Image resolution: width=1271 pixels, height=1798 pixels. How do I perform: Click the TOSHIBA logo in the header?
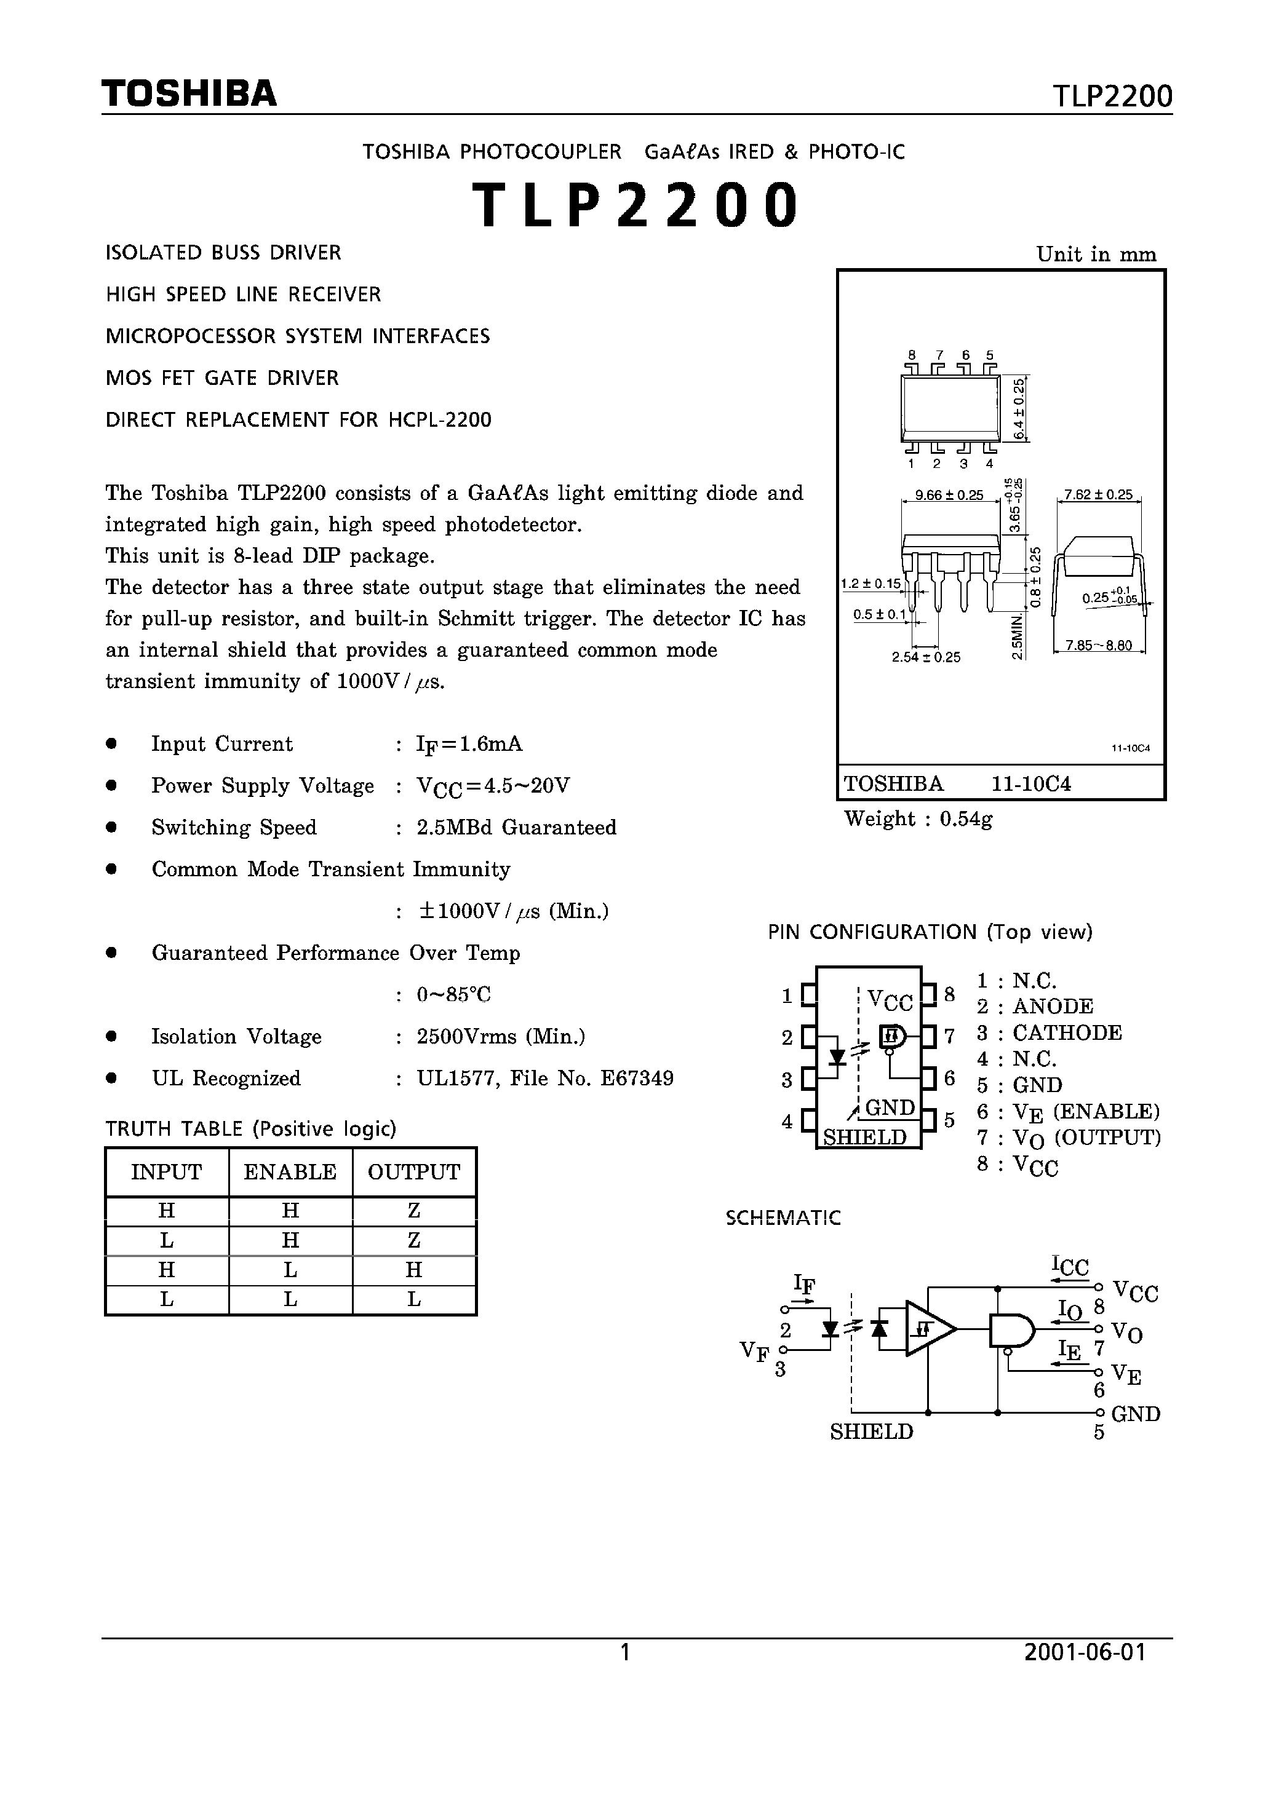(x=189, y=94)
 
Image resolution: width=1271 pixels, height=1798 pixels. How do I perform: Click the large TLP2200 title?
(x=635, y=206)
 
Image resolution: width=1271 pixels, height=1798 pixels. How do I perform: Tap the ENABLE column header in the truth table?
(x=290, y=1172)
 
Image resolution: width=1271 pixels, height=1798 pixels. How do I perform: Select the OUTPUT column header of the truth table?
(x=414, y=1172)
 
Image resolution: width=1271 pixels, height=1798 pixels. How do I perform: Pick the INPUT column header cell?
(x=166, y=1172)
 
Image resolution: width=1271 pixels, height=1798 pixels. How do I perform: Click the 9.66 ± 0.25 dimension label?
(x=949, y=495)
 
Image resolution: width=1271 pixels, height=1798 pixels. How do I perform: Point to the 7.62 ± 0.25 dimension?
(x=1098, y=495)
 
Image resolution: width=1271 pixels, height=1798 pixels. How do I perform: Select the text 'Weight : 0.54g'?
(x=918, y=819)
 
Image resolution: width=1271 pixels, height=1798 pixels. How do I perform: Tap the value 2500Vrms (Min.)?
(x=501, y=1037)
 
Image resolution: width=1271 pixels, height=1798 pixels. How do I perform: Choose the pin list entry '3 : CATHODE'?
(x=1050, y=1033)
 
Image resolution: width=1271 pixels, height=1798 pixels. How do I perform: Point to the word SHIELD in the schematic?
(x=871, y=1432)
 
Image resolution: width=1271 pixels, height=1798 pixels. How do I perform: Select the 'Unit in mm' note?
(x=1096, y=255)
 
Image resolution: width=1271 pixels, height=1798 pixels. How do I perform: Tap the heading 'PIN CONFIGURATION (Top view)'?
(x=930, y=932)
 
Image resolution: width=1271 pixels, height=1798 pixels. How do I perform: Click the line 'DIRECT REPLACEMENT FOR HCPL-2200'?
(x=298, y=420)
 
